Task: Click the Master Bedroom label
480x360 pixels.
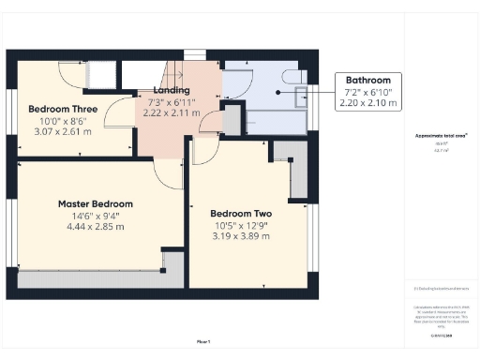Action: tap(95, 203)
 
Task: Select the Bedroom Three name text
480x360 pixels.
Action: tap(64, 108)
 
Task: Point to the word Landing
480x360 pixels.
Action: tap(170, 90)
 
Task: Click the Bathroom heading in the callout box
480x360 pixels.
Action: tap(368, 81)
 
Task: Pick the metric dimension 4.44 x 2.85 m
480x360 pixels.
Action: tap(95, 227)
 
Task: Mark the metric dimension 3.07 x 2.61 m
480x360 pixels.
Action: tap(64, 132)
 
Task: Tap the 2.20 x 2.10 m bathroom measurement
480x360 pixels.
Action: tap(368, 102)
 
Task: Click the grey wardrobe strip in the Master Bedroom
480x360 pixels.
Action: tap(94, 278)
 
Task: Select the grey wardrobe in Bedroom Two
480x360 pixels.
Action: tap(299, 178)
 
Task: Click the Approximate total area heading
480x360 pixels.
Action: tap(442, 135)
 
